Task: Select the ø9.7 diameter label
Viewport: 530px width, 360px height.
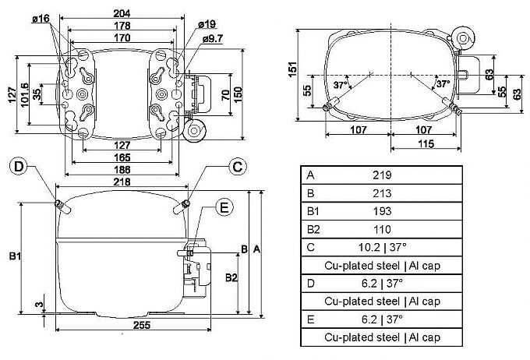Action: (x=214, y=39)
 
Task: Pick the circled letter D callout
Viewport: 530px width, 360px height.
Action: (x=19, y=166)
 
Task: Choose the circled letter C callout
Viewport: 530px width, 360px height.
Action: (x=238, y=165)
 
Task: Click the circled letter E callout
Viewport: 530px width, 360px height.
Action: (x=224, y=207)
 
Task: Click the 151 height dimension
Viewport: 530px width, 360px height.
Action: (x=291, y=69)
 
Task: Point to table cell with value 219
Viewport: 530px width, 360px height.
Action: (x=381, y=175)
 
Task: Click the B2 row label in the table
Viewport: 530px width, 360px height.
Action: (x=313, y=229)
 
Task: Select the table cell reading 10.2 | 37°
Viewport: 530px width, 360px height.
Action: (x=381, y=248)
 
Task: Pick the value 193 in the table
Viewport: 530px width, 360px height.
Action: (x=381, y=211)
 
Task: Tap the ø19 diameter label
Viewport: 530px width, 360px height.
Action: (x=208, y=25)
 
